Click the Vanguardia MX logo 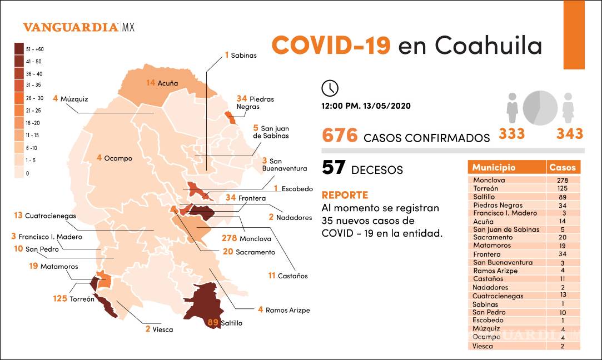click(78, 27)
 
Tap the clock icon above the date click(330, 88)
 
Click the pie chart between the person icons click(540, 106)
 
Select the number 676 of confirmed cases click(340, 136)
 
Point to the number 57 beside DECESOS click(334, 168)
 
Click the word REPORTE click(345, 196)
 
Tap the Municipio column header click(494, 167)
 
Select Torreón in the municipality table click(489, 189)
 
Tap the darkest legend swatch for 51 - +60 click(19, 48)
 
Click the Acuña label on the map click(167, 83)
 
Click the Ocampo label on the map click(118, 158)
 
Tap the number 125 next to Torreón click(61, 298)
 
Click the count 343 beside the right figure click(570, 133)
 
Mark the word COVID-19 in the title click(331, 45)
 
